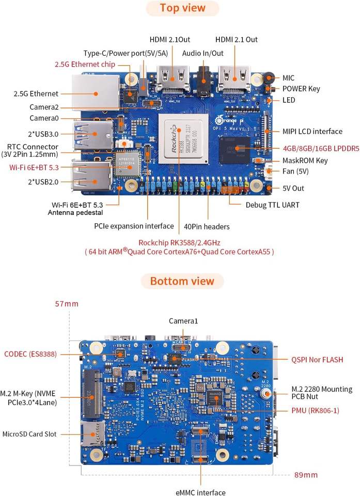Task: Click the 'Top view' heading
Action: coord(182,8)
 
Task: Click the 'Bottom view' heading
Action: coord(182,281)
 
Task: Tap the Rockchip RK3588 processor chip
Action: coord(183,139)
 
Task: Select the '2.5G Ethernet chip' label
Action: coord(85,64)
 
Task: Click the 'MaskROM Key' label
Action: coord(305,160)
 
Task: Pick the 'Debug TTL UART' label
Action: coord(272,205)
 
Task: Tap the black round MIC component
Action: coord(269,77)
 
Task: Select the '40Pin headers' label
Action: coord(207,226)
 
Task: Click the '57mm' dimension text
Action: coord(67,304)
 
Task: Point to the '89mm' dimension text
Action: coord(306,475)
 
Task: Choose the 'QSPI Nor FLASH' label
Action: coord(317,360)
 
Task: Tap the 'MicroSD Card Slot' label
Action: coord(29,434)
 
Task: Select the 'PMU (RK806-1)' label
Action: coord(315,411)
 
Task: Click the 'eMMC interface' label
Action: coord(200,492)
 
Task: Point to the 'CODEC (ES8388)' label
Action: coord(30,354)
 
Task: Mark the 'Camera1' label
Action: coord(183,321)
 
